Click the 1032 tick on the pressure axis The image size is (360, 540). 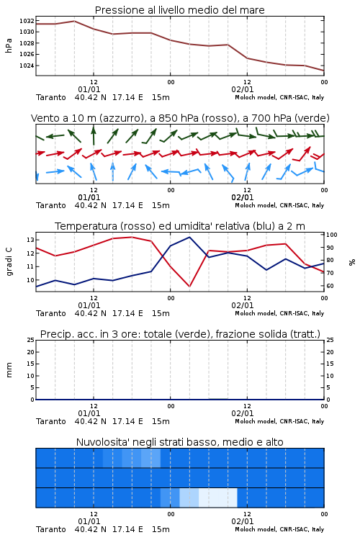coord(27,21)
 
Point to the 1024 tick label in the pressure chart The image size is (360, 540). coord(27,66)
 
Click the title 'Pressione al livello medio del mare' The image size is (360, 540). coord(180,10)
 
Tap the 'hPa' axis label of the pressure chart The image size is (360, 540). coord(9,45)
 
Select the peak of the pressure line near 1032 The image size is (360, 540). coord(74,21)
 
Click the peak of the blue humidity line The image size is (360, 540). coord(189,237)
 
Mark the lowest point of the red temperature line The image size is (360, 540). coord(189,286)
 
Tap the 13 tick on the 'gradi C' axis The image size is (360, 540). coord(31,240)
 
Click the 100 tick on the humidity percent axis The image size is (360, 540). coord(331,235)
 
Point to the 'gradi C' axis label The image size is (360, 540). coord(9,261)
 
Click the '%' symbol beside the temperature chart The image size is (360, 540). coord(352,262)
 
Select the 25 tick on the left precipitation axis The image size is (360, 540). coord(31,340)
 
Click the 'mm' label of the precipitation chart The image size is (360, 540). coord(9,369)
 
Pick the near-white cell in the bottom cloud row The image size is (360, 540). coord(218,498)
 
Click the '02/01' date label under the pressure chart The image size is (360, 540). coord(243,89)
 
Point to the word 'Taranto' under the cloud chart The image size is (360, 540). coord(51,529)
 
